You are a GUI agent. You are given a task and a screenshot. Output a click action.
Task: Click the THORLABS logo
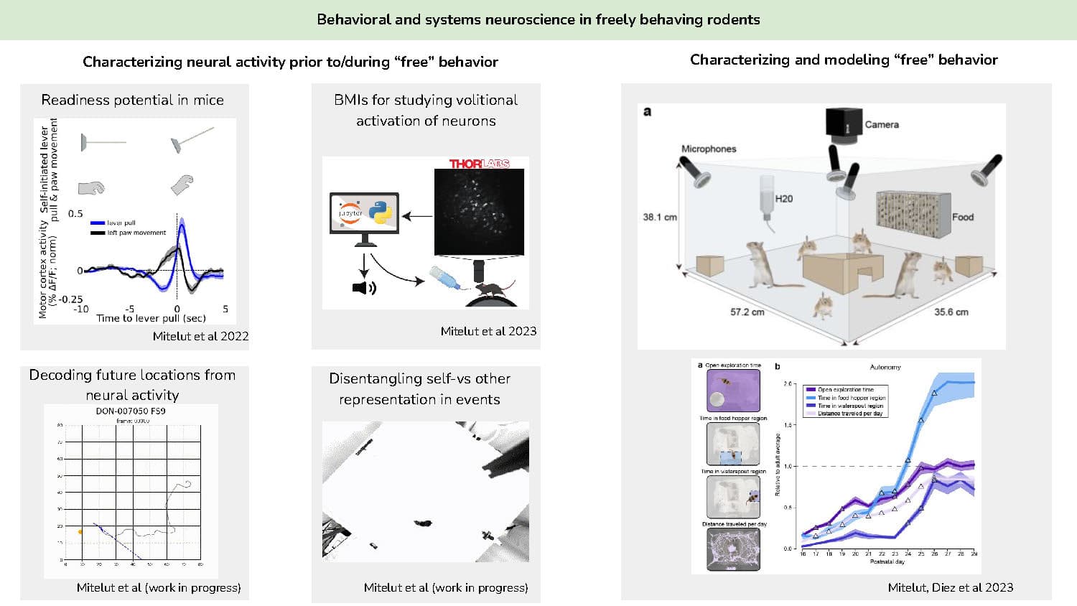click(479, 164)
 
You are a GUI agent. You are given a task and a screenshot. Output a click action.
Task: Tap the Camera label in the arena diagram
click(881, 124)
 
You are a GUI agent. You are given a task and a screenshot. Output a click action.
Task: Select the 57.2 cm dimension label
click(747, 312)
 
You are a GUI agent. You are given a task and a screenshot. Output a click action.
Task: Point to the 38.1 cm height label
click(659, 217)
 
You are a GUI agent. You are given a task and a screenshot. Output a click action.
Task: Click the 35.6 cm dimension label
click(951, 312)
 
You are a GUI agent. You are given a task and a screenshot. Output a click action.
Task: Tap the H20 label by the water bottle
click(783, 199)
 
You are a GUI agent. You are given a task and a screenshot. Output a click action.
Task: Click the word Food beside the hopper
click(962, 217)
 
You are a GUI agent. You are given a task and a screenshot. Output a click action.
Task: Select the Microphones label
click(708, 149)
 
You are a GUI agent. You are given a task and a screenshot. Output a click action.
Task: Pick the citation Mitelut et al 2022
click(200, 336)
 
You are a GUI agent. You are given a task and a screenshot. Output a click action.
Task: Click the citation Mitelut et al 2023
click(488, 331)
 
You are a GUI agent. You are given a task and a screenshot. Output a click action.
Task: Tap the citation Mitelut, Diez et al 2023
click(950, 587)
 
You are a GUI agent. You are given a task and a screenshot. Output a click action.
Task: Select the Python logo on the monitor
click(381, 212)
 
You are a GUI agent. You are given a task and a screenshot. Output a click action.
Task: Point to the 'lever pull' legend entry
click(121, 223)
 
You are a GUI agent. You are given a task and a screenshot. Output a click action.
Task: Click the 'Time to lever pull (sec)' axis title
click(151, 318)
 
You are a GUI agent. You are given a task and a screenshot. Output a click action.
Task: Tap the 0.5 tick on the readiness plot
click(75, 213)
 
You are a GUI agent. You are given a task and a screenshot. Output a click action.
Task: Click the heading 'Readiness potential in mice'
click(132, 100)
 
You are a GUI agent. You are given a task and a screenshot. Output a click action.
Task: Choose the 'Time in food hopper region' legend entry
click(852, 398)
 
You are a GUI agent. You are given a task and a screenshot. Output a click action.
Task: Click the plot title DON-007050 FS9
click(131, 411)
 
